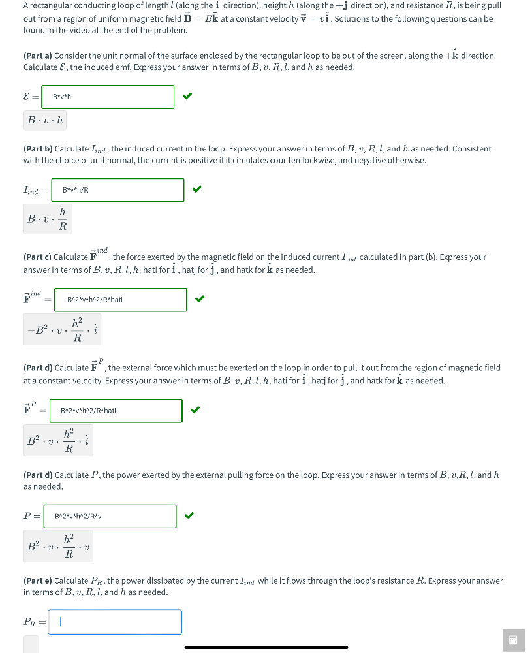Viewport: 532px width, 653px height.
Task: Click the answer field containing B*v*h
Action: coord(108,97)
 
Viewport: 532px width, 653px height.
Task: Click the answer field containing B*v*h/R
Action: coord(117,190)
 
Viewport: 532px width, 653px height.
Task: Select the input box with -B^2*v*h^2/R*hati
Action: coord(121,300)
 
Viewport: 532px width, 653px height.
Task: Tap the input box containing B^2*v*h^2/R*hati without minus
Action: coord(116,411)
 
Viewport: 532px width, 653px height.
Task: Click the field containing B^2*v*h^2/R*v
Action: coord(110,516)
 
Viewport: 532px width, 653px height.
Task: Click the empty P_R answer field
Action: coord(115,622)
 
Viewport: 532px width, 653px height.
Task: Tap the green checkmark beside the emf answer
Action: coord(187,97)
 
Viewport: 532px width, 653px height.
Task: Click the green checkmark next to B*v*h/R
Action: coord(197,190)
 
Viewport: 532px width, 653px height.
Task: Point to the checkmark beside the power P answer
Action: coord(189,516)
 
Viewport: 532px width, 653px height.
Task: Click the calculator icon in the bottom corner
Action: coord(513,640)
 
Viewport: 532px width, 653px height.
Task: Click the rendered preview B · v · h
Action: coord(45,121)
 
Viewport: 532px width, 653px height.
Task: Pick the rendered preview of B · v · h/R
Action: coord(48,219)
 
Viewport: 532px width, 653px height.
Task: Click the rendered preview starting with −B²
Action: coord(63,330)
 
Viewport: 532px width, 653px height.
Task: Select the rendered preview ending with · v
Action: coord(58,546)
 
